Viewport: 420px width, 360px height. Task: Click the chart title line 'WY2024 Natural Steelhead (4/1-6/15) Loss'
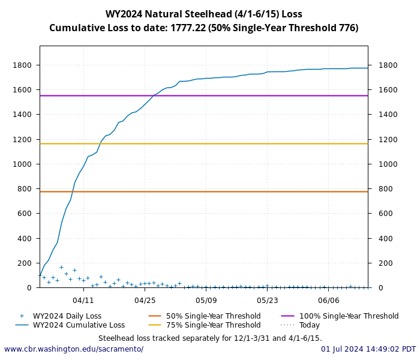pos(204,14)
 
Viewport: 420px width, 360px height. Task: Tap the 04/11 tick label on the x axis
pos(83,300)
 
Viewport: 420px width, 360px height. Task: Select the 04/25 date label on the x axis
pos(144,300)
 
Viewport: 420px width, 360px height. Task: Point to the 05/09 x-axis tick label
pos(206,300)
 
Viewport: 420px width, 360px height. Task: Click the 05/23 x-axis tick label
pos(267,300)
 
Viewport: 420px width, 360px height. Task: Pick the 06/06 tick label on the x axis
pos(329,300)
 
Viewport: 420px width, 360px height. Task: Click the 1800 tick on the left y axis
pos(23,65)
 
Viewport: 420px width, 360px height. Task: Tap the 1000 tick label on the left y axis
pos(23,164)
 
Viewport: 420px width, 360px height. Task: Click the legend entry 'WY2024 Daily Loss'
pos(67,316)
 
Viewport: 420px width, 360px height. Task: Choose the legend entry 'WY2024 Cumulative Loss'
pos(79,325)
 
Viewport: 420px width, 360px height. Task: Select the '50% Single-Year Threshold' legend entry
pos(213,316)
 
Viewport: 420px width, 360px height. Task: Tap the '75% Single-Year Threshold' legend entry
pos(213,325)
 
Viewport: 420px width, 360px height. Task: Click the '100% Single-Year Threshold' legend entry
pos(348,316)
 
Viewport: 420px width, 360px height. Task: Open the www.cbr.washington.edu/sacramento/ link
pos(74,349)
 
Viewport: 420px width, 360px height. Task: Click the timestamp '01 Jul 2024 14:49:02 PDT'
pos(368,349)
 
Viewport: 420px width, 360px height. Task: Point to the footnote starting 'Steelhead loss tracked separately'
pos(210,338)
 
